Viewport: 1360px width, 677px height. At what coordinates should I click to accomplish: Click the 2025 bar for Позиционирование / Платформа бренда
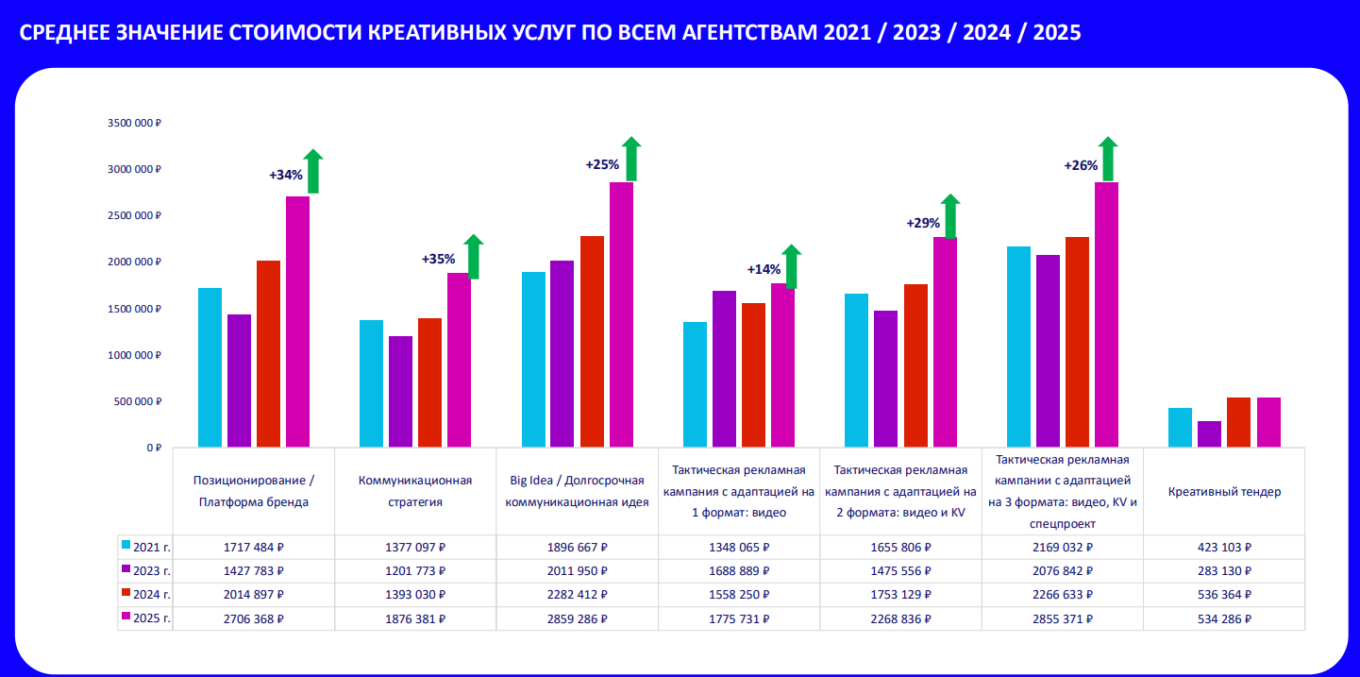click(297, 321)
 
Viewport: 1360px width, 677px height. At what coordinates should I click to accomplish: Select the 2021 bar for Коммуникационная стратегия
click(371, 382)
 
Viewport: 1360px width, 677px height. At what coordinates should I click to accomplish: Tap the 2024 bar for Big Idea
click(592, 341)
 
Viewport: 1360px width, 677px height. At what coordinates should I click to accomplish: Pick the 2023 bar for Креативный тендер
click(1209, 433)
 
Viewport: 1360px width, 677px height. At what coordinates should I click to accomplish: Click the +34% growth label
click(285, 175)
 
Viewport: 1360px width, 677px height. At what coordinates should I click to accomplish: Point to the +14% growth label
click(764, 269)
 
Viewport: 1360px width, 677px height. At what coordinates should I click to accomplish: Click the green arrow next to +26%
click(1108, 160)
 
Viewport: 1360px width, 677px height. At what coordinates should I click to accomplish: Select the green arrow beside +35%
click(473, 257)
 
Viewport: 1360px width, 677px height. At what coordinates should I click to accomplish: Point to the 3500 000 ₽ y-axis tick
click(135, 123)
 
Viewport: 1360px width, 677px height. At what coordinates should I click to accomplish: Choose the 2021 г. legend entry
click(146, 547)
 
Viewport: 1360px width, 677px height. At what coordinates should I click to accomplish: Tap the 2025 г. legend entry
click(146, 618)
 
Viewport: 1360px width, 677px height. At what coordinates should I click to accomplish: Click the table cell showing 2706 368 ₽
click(253, 618)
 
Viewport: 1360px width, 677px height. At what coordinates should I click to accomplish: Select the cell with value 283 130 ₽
click(1223, 570)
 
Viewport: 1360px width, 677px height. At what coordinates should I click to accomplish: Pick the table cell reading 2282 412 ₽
click(577, 594)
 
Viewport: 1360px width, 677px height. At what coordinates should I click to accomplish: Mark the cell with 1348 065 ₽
click(739, 547)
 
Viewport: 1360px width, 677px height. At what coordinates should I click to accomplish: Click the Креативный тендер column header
click(1223, 492)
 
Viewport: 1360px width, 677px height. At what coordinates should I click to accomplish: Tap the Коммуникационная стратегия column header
click(415, 491)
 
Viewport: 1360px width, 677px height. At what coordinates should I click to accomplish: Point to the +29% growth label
click(922, 224)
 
